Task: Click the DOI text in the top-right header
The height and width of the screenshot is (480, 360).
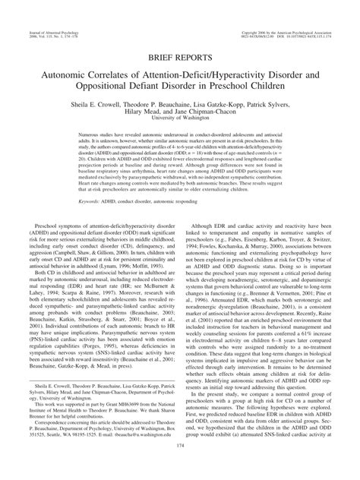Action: coord(318,15)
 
